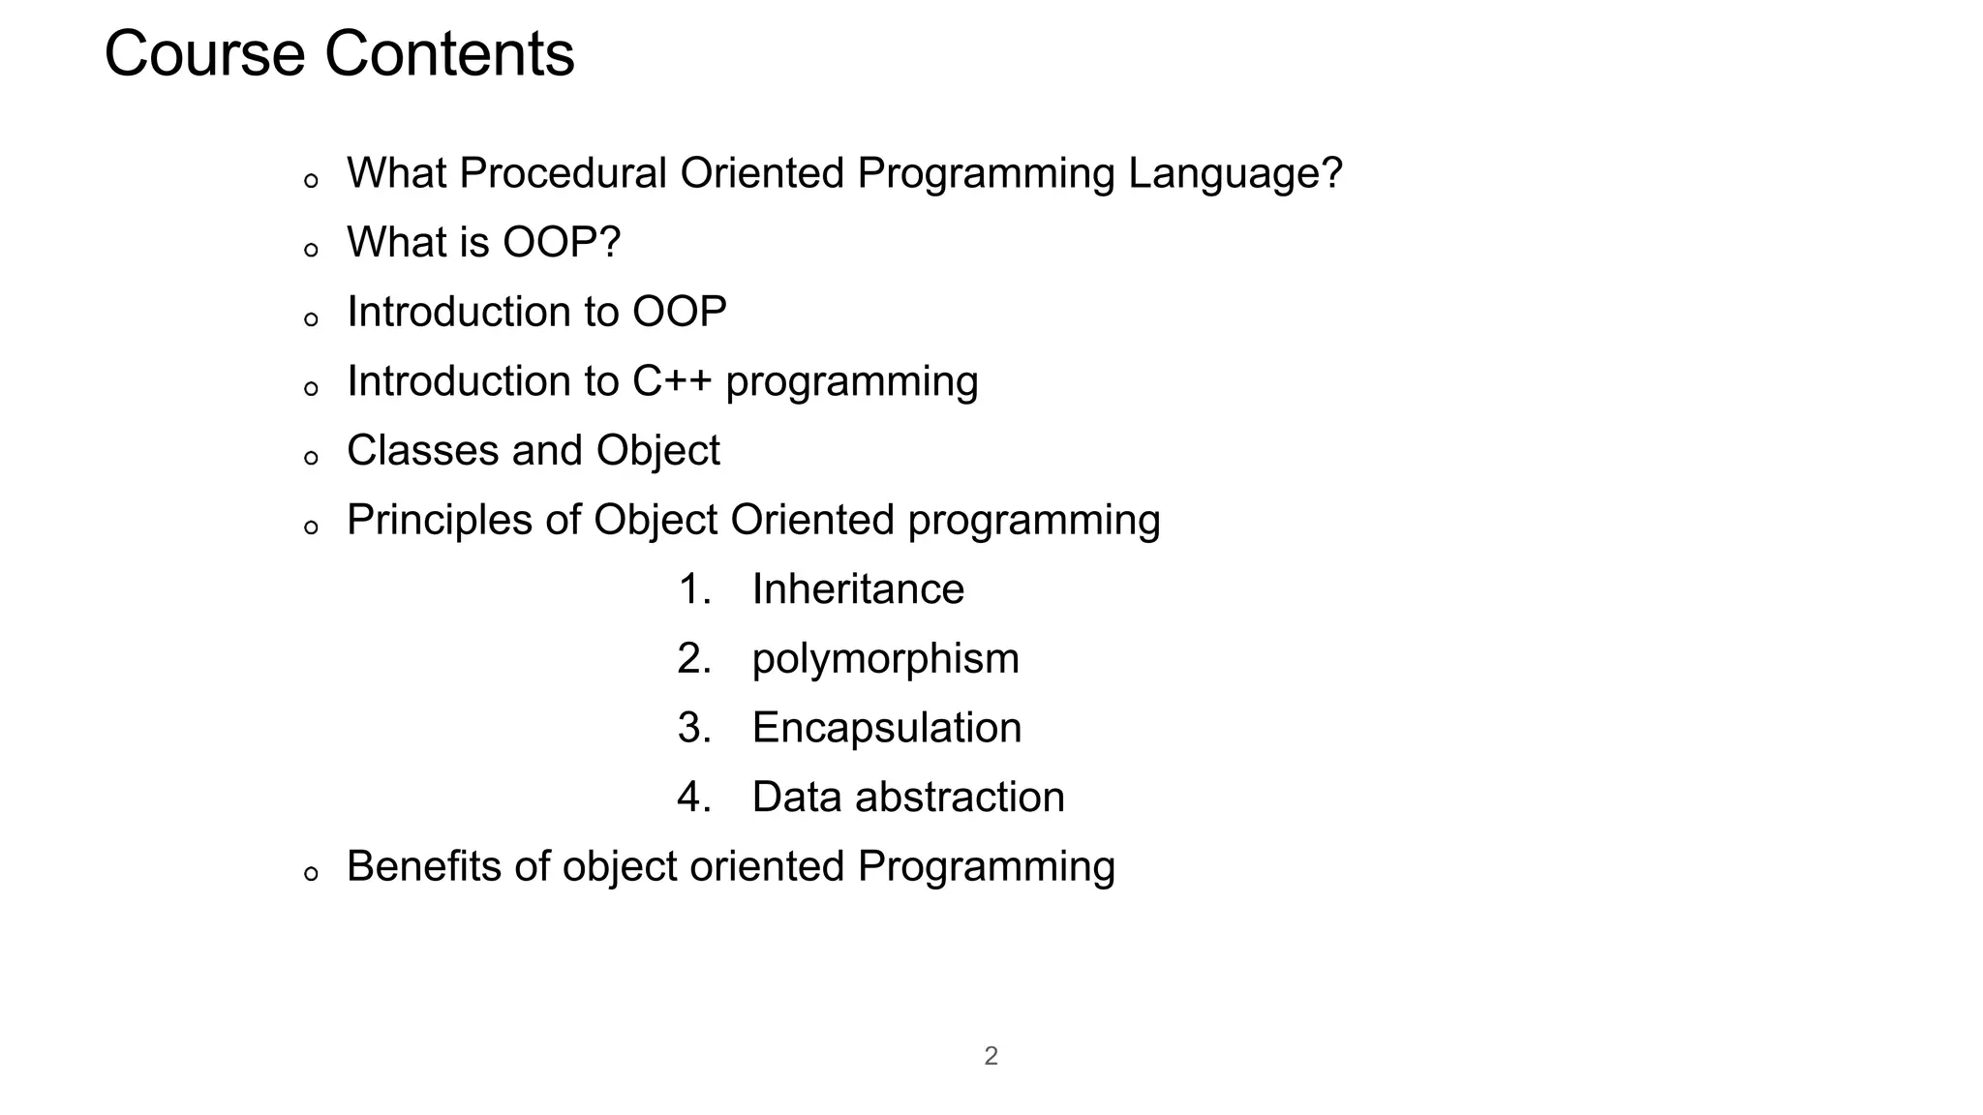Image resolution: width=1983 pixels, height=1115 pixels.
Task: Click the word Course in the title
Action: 204,54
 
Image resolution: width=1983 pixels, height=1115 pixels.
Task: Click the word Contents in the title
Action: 449,54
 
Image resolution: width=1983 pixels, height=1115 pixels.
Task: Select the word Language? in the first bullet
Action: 1235,174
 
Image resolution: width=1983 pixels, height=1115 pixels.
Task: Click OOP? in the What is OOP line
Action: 561,243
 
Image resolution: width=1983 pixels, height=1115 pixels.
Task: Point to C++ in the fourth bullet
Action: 671,381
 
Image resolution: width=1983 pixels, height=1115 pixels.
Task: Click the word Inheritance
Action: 858,589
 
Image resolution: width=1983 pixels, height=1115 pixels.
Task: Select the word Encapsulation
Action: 886,728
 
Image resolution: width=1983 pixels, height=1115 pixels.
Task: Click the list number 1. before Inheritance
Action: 694,589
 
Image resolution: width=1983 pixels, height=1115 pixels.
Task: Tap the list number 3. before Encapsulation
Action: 694,728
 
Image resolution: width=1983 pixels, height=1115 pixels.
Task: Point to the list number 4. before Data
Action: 694,798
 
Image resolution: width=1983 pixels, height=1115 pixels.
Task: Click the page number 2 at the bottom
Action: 991,1056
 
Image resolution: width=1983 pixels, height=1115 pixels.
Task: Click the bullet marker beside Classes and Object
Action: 311,458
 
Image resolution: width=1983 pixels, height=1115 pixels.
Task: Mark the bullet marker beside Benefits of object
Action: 311,874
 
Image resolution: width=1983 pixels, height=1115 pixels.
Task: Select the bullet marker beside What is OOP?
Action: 311,251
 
